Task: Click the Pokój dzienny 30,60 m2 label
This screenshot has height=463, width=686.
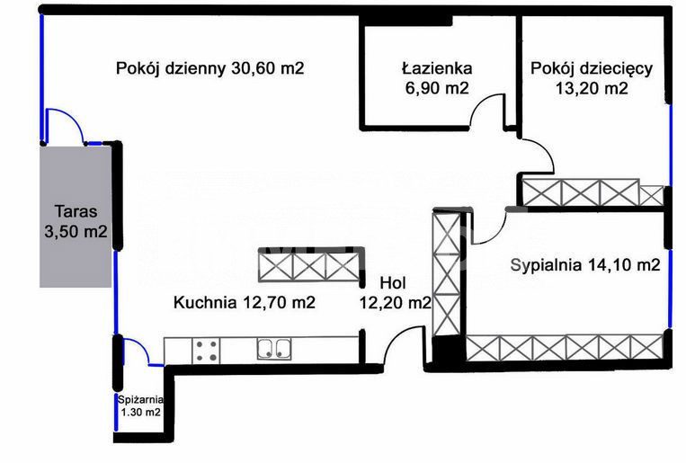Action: tap(210, 68)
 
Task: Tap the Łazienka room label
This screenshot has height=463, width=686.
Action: tap(437, 68)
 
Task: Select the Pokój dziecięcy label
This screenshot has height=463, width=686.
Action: tap(592, 69)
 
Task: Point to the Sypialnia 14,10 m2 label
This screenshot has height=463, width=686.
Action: tap(585, 264)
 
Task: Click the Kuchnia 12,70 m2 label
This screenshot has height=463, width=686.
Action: tap(245, 302)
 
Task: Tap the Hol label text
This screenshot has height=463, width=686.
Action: tap(393, 283)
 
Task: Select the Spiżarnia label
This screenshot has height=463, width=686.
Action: tap(140, 399)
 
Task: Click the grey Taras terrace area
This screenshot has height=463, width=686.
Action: tap(76, 217)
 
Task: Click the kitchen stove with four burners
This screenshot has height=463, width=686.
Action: tap(206, 351)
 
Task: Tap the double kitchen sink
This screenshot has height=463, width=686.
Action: tap(274, 349)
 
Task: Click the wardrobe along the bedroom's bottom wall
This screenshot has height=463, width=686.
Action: tap(565, 347)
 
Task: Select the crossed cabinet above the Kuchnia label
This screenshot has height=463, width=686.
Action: tap(310, 265)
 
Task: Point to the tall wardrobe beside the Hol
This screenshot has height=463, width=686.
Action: tap(447, 274)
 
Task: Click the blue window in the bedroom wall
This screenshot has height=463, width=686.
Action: tap(670, 289)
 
